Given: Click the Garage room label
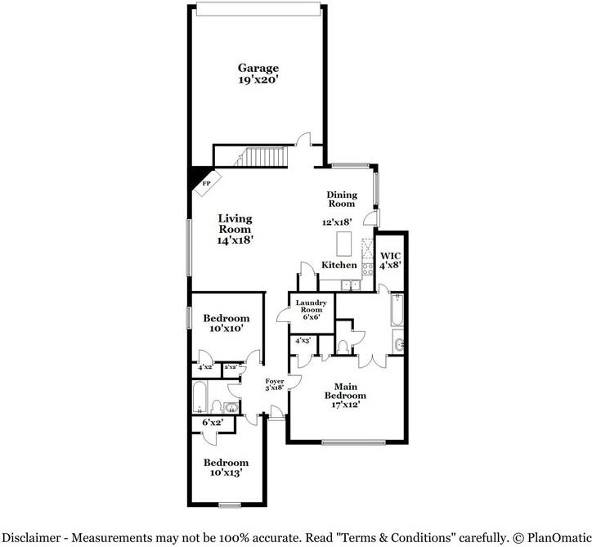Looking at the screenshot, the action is click(x=258, y=74).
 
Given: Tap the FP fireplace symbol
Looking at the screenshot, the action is click(x=207, y=183).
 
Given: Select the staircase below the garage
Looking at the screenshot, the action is click(x=261, y=157).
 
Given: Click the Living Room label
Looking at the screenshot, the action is click(x=235, y=229).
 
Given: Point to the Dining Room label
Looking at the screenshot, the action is click(x=341, y=200).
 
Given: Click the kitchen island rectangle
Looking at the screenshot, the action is click(x=344, y=244).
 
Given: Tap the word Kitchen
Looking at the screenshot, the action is click(x=339, y=265).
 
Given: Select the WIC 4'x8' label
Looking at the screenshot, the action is click(x=390, y=261).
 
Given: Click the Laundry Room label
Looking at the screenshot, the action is click(x=311, y=310).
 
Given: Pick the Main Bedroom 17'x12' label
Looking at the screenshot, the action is click(x=345, y=396).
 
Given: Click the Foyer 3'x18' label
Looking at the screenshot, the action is click(x=275, y=384).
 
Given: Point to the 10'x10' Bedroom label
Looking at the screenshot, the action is click(x=226, y=323).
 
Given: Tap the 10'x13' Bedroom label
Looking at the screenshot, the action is click(x=226, y=468).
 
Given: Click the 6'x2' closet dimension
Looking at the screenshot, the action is click(x=213, y=423).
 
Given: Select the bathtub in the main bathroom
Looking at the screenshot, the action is click(x=397, y=310).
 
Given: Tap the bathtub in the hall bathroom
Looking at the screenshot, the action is click(x=200, y=397).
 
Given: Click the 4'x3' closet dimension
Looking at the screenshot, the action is click(x=303, y=340).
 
